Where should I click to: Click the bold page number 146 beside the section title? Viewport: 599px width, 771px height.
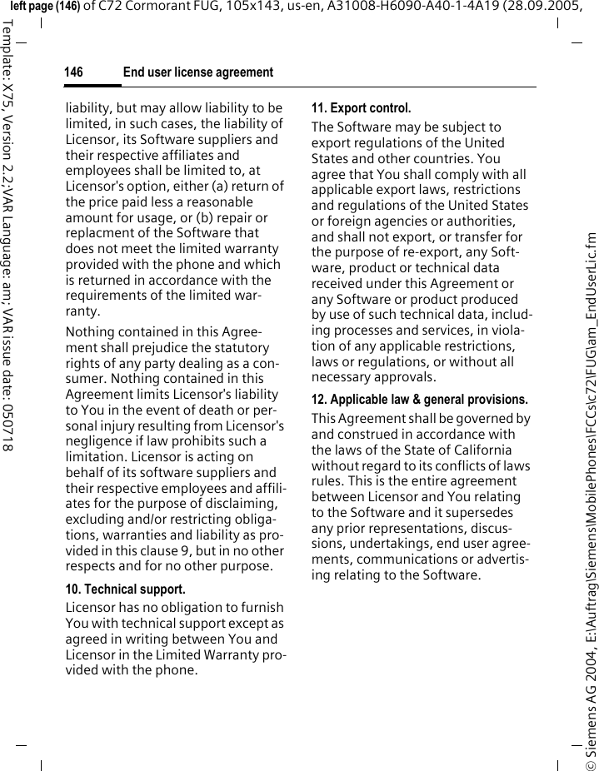(73, 73)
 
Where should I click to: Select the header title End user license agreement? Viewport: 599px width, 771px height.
(197, 73)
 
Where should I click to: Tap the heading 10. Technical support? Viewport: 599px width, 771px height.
(125, 589)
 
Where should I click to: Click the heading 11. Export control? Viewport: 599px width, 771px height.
(361, 108)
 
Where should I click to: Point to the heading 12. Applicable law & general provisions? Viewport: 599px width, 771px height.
(419, 400)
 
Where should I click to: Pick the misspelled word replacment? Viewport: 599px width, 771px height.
(99, 218)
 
